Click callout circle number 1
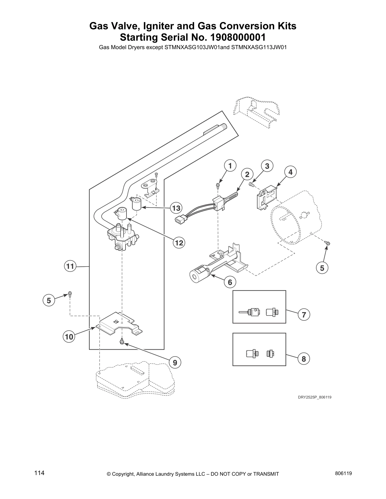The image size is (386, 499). coord(230,166)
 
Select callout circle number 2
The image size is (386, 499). coord(247,175)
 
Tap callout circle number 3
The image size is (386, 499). coord(267,166)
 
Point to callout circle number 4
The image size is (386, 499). coord(290,172)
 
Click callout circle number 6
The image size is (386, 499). coord(230,282)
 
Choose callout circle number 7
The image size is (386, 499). coord(304,314)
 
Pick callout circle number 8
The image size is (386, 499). coord(304,359)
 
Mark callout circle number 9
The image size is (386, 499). coord(175,363)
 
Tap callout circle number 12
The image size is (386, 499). coord(179,243)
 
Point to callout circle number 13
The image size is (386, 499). coord(176,208)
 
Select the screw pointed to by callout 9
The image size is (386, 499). coord(121,341)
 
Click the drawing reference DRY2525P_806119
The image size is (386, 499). coord(314,397)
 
